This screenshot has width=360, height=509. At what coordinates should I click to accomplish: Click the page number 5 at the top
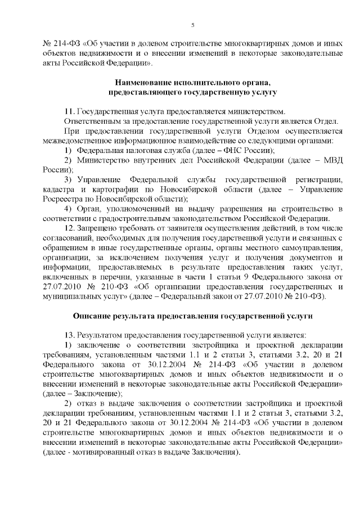click(x=193, y=25)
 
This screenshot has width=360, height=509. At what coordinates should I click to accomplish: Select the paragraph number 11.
click(x=69, y=111)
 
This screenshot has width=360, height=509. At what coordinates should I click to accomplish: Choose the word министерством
click(x=249, y=111)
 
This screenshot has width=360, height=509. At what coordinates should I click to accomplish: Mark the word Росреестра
click(x=63, y=199)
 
